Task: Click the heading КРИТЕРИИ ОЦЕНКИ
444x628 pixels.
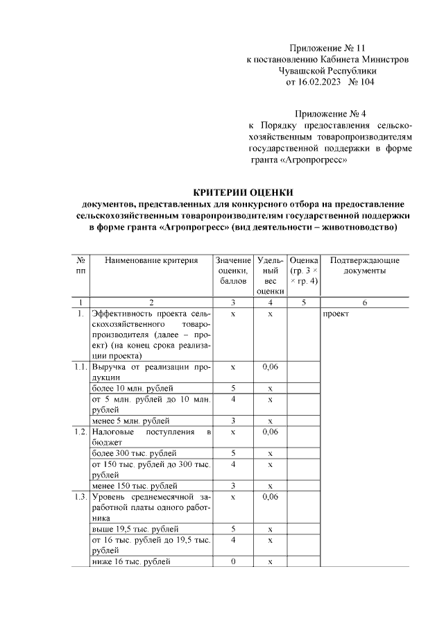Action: coord(243,192)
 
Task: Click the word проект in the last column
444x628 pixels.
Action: coord(336,314)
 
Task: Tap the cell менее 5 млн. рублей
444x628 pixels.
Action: coord(131,421)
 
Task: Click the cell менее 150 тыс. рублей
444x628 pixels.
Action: coord(135,486)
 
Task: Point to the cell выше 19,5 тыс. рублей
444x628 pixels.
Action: coord(135,529)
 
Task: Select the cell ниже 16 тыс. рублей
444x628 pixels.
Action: coord(131,561)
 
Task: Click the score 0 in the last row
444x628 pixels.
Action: coord(233,561)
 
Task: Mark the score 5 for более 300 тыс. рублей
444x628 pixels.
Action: coord(233,453)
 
